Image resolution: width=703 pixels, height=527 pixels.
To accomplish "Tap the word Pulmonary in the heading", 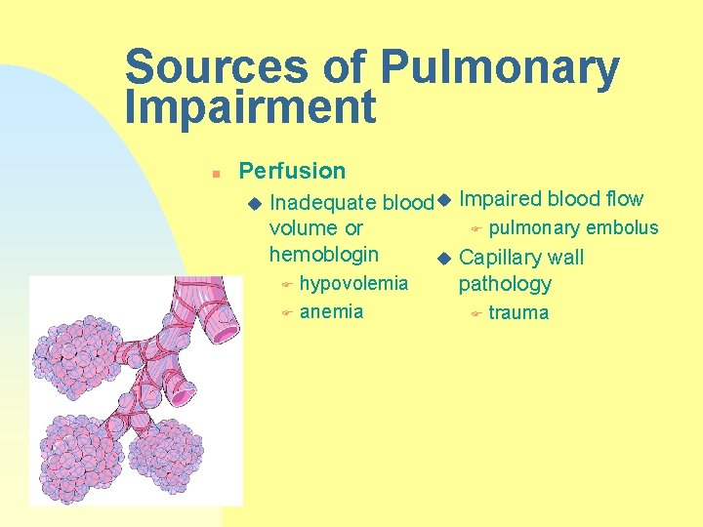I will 499,67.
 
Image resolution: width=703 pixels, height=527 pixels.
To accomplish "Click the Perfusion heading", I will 292,171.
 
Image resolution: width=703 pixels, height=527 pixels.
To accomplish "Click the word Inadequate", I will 322,203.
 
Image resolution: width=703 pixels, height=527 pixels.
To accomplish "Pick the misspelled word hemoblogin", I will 323,254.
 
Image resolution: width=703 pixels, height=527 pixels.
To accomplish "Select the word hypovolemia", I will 353,284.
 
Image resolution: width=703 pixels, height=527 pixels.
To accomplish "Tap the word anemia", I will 331,312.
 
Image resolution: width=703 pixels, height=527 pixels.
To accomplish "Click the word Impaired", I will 500,199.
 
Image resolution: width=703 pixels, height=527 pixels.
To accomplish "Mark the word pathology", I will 505,284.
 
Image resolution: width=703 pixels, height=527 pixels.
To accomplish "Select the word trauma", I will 518,313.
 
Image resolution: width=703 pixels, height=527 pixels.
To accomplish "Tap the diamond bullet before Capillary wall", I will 444,259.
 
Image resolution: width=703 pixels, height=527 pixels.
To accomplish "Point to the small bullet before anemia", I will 286,313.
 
